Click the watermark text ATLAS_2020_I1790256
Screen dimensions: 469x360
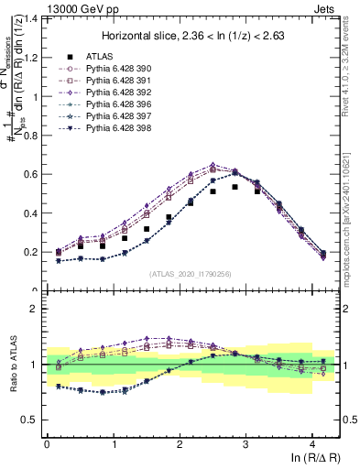(190, 274)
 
